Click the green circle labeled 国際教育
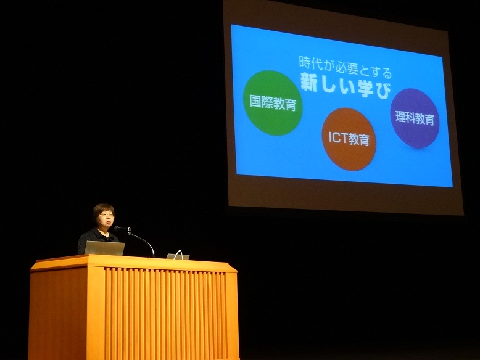tap(272, 102)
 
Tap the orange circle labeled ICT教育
tap(349, 139)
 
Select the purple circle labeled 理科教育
tap(415, 118)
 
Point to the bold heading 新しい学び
tap(346, 86)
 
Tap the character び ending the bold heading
tap(383, 90)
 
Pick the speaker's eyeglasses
tap(106, 215)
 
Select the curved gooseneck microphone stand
tap(142, 240)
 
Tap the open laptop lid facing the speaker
tap(104, 248)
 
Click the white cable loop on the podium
tap(179, 255)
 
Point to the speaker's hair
tap(102, 210)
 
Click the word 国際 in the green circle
tap(261, 100)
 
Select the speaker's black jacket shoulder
tap(86, 237)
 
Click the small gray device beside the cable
tap(178, 256)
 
